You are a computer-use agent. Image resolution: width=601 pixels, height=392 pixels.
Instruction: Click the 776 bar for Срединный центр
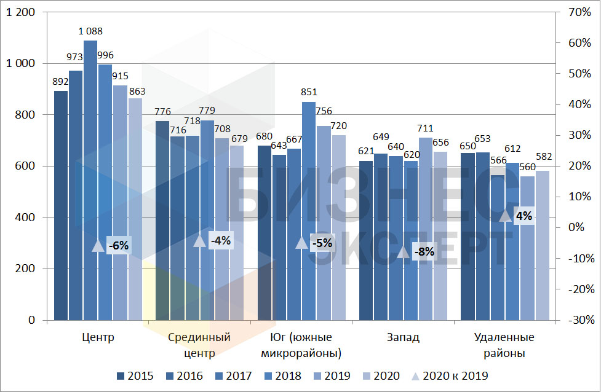[162, 221]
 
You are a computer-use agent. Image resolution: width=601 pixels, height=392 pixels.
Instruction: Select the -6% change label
[118, 245]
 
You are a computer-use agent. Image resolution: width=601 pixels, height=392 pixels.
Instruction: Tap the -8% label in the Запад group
[424, 251]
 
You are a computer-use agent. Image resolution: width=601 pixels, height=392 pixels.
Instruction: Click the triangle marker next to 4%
[505, 216]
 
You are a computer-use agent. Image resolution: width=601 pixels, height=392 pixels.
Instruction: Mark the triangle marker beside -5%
[301, 243]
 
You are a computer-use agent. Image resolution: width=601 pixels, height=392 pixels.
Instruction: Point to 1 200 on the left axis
[22, 12]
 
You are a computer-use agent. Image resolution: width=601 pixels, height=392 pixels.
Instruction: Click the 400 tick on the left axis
[25, 218]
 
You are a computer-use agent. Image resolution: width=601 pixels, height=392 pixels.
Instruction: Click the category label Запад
[403, 337]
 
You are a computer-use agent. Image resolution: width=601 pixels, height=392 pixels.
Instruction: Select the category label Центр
[98, 337]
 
